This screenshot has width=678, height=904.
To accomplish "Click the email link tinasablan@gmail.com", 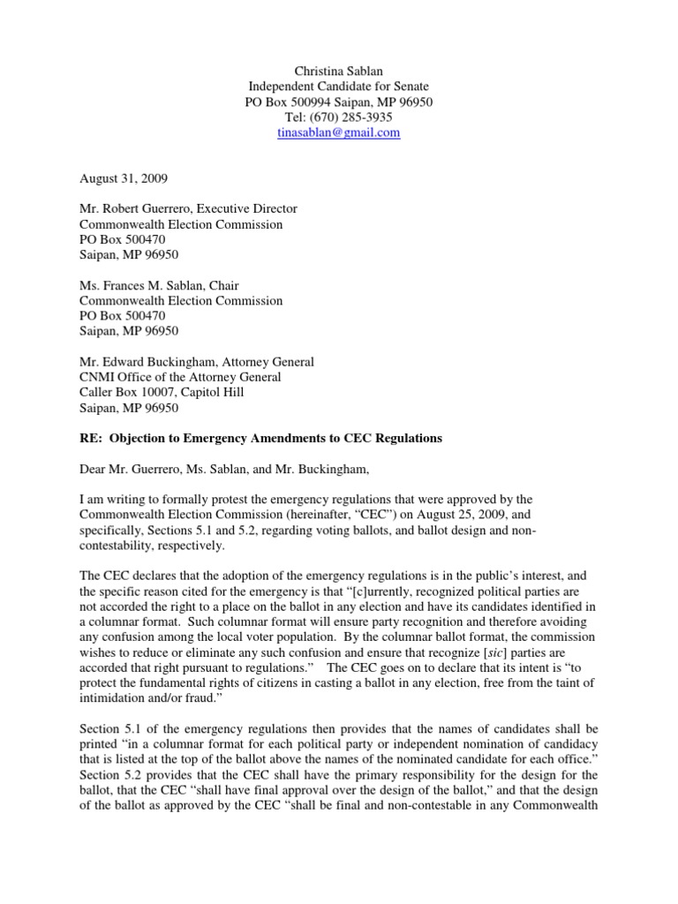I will [x=339, y=132].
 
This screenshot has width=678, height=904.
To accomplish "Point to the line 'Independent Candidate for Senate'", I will [x=339, y=87].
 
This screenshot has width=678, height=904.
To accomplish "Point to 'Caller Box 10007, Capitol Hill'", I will [x=162, y=393].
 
